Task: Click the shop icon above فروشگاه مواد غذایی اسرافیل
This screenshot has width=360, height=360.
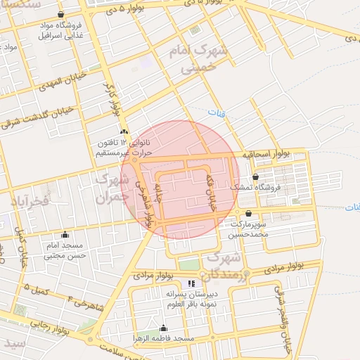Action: [61, 14]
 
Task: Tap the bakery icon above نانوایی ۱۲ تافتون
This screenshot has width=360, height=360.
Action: [124, 131]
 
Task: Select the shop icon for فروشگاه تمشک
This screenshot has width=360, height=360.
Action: [255, 177]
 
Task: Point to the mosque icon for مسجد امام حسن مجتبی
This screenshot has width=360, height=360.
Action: [65, 235]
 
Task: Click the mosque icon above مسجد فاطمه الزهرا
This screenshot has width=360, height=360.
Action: [164, 328]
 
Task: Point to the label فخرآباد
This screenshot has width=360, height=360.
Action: [30, 201]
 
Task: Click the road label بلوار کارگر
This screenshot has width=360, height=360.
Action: [114, 101]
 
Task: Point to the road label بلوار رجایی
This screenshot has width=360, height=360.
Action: [50, 325]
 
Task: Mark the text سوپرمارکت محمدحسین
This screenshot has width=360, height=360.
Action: [250, 228]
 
